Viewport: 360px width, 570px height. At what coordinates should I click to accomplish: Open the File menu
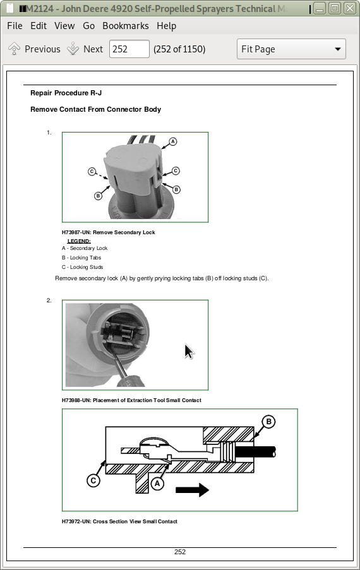(x=15, y=26)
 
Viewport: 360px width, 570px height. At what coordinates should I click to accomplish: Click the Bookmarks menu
(x=126, y=26)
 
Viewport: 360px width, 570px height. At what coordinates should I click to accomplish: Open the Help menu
(x=167, y=26)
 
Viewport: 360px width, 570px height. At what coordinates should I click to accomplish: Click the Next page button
(x=85, y=49)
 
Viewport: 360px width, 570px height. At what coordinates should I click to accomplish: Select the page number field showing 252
(x=129, y=49)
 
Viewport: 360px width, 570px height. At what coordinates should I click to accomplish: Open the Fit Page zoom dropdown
(x=291, y=49)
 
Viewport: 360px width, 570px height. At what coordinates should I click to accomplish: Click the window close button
(x=350, y=8)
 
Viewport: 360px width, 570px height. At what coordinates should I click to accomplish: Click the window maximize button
(x=335, y=8)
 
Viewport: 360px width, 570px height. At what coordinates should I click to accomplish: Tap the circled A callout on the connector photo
(x=172, y=141)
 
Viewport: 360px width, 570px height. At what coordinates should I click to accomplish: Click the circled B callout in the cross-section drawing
(x=268, y=422)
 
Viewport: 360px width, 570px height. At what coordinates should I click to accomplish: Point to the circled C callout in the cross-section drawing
(x=93, y=480)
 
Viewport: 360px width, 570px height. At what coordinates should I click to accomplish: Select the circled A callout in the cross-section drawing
(x=157, y=484)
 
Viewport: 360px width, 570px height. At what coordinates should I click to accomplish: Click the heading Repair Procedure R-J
(x=66, y=93)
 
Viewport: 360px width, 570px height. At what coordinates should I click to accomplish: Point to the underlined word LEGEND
(x=79, y=241)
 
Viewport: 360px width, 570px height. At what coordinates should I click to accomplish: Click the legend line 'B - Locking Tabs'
(x=81, y=258)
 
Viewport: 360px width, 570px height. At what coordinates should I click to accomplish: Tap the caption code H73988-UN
(x=76, y=400)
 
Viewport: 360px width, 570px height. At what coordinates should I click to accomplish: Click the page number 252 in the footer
(x=180, y=552)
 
